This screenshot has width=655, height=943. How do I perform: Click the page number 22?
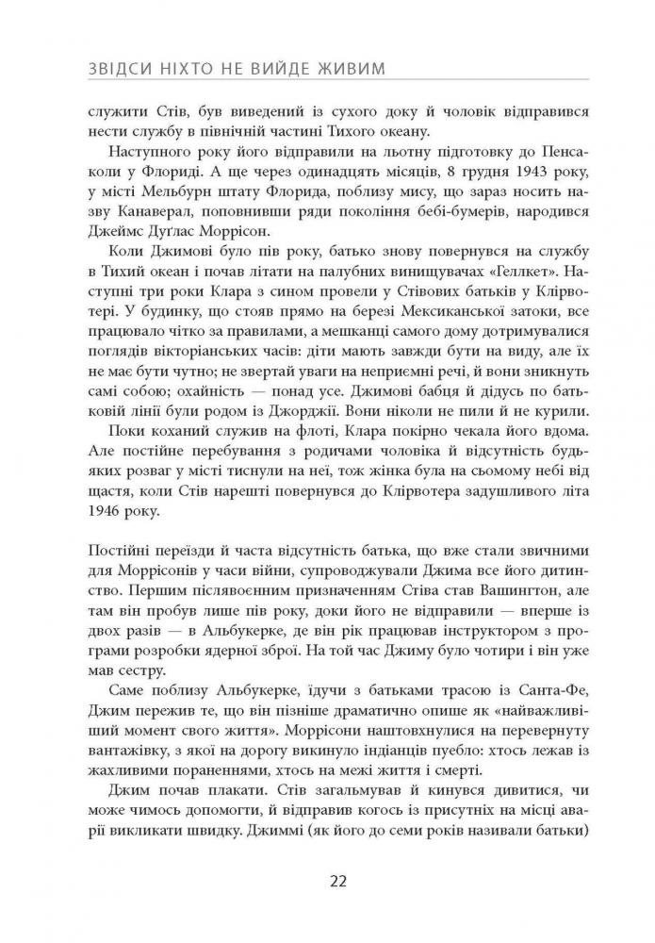point(340,882)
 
